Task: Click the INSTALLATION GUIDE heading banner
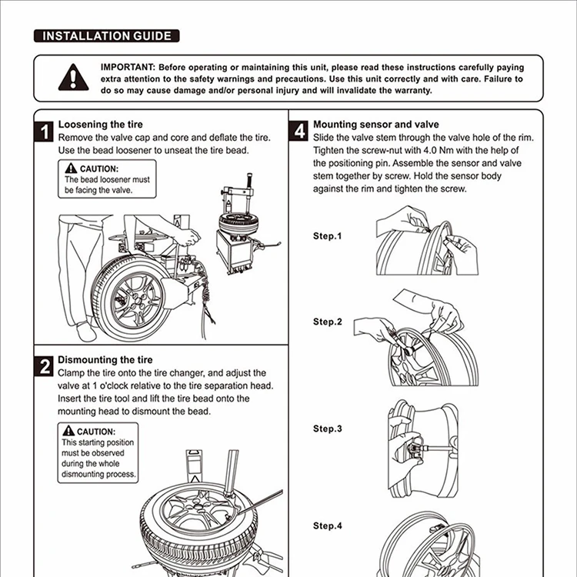pyautogui.click(x=108, y=35)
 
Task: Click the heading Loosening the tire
pyautogui.click(x=101, y=124)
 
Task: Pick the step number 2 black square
pyautogui.click(x=45, y=367)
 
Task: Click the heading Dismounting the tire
pyautogui.click(x=105, y=359)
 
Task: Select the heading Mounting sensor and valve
pyautogui.click(x=376, y=124)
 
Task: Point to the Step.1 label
pyautogui.click(x=327, y=236)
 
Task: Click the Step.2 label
pyautogui.click(x=327, y=322)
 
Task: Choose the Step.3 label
pyautogui.click(x=327, y=429)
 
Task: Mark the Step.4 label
pyautogui.click(x=327, y=526)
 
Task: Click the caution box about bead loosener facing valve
pyautogui.click(x=107, y=178)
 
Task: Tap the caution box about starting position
pyautogui.click(x=98, y=453)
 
